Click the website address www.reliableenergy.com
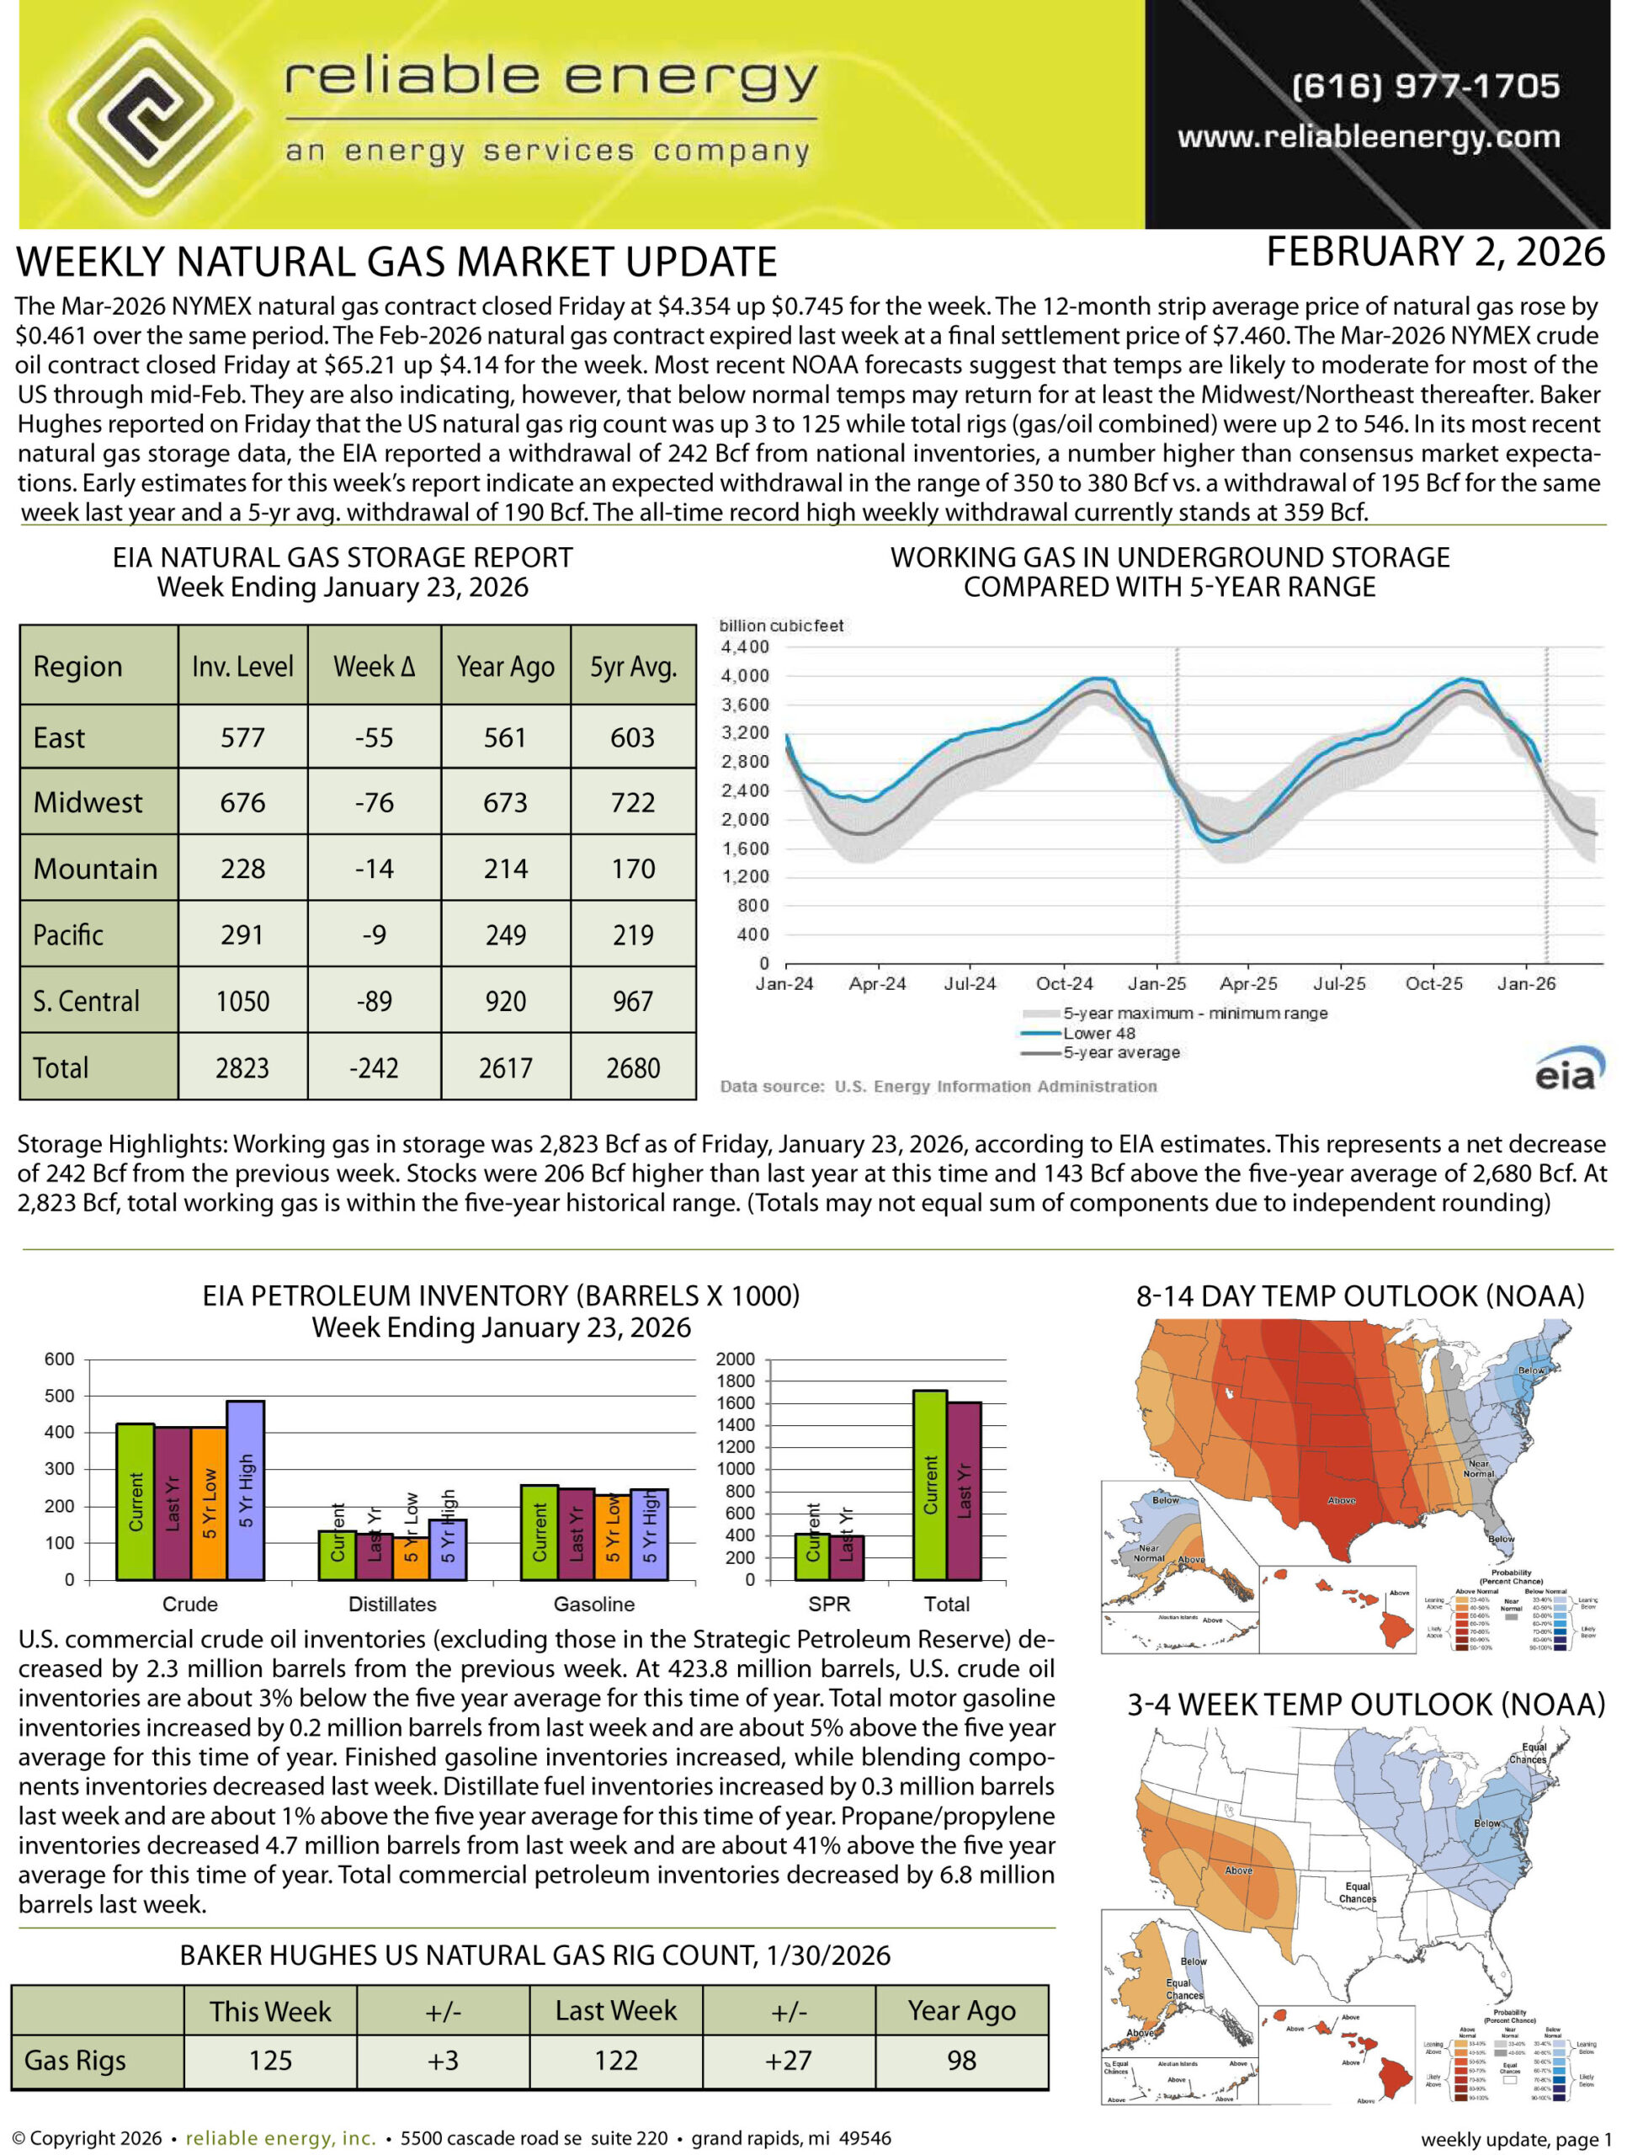[1369, 137]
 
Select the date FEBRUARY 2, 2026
[1435, 253]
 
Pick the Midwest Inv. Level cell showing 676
[242, 803]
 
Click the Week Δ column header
[375, 668]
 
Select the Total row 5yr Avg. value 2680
[633, 1068]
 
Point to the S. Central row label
[86, 1002]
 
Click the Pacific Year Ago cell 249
[506, 935]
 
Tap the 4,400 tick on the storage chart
[745, 647]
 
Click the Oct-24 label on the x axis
[1064, 984]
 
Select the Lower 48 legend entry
[1098, 1034]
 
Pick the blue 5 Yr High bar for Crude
[246, 1490]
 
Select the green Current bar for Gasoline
[539, 1532]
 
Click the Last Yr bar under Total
[965, 1490]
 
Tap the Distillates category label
[392, 1604]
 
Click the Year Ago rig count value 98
[961, 2061]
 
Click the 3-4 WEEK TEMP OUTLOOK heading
[1365, 1705]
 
